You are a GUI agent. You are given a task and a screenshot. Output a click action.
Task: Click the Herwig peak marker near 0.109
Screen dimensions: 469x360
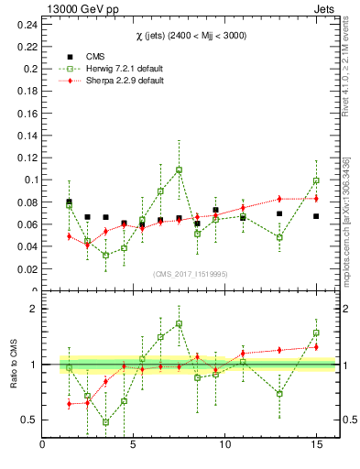[179, 169]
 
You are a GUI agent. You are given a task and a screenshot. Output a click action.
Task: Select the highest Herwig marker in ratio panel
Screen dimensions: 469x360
[179, 323]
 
